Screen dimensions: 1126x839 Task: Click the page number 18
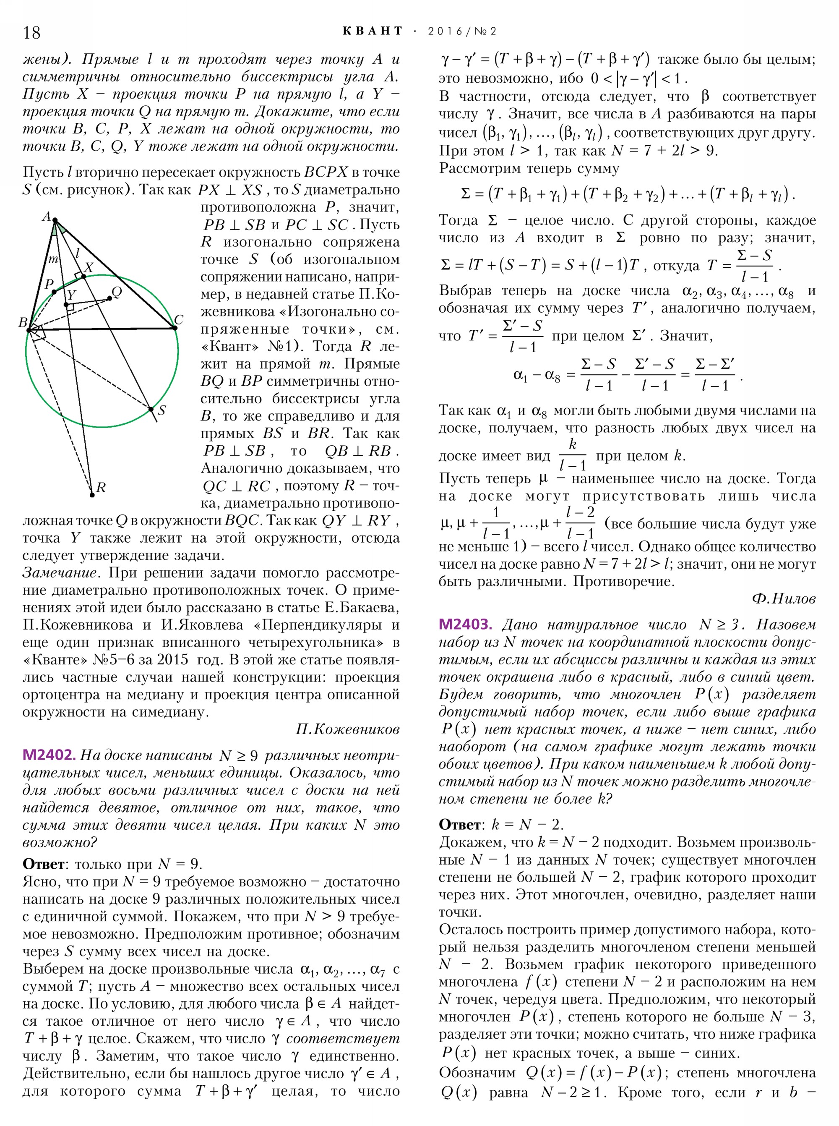pyautogui.click(x=31, y=32)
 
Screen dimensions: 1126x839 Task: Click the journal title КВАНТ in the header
pyautogui.click(x=372, y=31)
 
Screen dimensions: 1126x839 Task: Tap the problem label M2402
pyautogui.click(x=49, y=755)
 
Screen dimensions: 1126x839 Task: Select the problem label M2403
pyautogui.click(x=465, y=624)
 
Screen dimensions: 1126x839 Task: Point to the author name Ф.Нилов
pyautogui.click(x=784, y=599)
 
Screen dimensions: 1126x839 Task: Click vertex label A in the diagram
pyautogui.click(x=46, y=217)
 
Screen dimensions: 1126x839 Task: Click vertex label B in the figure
pyautogui.click(x=23, y=322)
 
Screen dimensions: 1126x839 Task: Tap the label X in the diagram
pyautogui.click(x=89, y=268)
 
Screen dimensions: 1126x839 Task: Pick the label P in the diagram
pyautogui.click(x=49, y=284)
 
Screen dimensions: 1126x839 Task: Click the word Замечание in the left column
pyautogui.click(x=60, y=573)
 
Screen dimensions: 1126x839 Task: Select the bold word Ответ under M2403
pyautogui.click(x=459, y=824)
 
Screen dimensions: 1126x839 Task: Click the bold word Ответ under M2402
pyautogui.click(x=43, y=864)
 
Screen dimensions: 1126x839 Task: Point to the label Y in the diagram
pyautogui.click(x=72, y=295)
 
